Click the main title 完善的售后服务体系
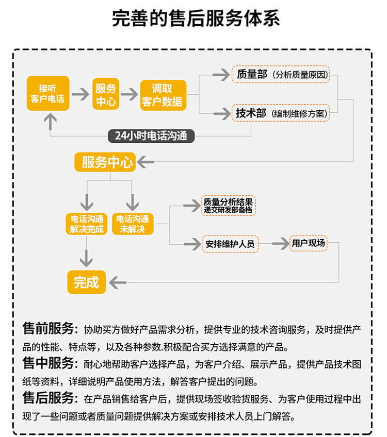tap(196, 19)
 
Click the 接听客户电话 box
tap(48, 93)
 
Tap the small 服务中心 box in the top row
tap(106, 94)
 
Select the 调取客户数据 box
tap(163, 95)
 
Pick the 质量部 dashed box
tap(281, 74)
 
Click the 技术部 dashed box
tap(281, 113)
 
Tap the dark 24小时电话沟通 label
tap(151, 136)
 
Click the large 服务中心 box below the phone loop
tap(105, 162)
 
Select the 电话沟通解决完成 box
tap(87, 224)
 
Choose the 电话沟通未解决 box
tap(133, 224)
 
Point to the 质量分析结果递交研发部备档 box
tap(228, 206)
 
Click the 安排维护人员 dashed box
tap(230, 244)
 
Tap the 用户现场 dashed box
tap(309, 243)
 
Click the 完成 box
tap(87, 282)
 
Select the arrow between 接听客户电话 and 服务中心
tap(80, 94)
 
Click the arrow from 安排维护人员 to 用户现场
tap(281, 244)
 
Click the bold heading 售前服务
tap(48, 328)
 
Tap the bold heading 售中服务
tap(48, 363)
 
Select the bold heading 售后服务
tap(48, 398)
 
